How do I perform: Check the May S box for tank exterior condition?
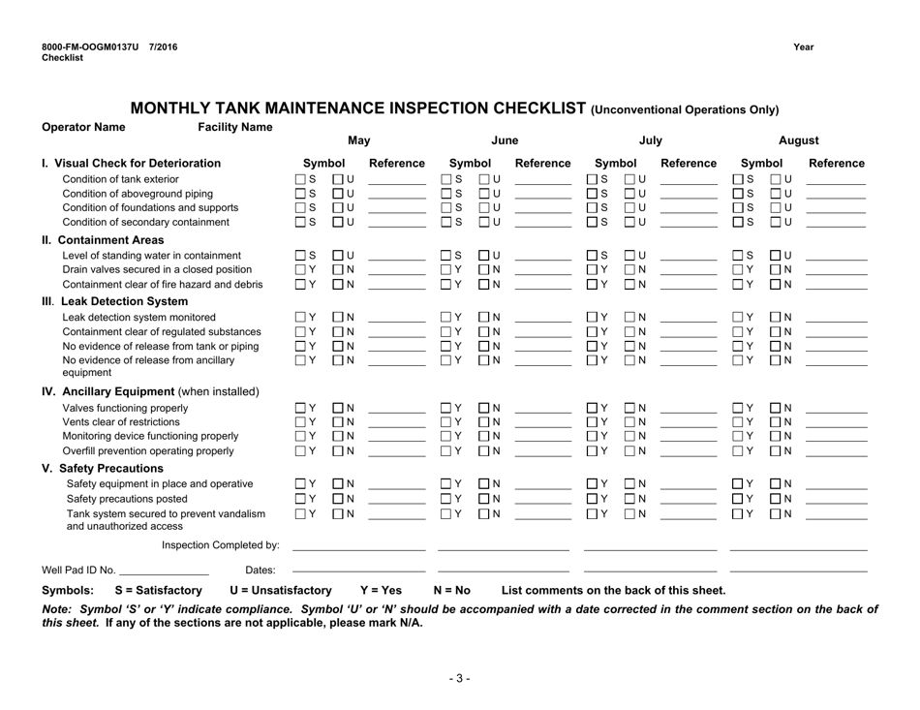point(300,179)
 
